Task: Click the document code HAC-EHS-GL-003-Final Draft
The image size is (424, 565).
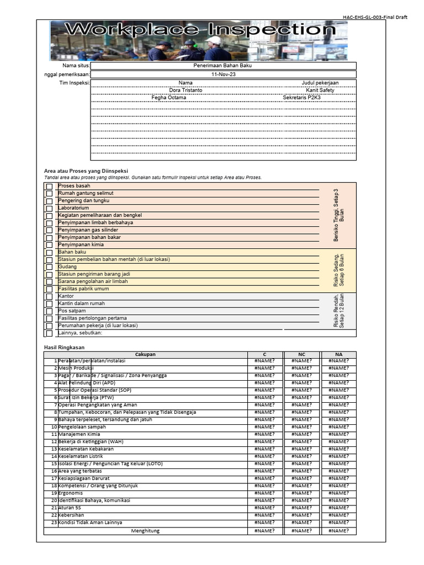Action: [x=375, y=17]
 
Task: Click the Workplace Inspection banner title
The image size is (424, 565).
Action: [x=200, y=30]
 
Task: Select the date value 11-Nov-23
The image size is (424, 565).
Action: [x=223, y=74]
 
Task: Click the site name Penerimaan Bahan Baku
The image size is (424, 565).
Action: [x=223, y=65]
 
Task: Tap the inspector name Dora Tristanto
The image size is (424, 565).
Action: [x=185, y=90]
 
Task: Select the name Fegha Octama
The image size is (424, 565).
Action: [x=169, y=98]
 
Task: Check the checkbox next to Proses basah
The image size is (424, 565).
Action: [x=49, y=186]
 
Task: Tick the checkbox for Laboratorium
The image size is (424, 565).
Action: [x=49, y=209]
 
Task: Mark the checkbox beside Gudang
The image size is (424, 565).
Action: [x=49, y=267]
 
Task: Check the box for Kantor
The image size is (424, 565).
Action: [x=49, y=296]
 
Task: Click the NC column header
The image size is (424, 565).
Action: [x=301, y=354]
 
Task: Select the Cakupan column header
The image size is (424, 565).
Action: [x=145, y=354]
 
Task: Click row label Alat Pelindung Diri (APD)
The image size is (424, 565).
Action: [x=87, y=383]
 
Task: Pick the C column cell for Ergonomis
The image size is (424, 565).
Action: [x=264, y=493]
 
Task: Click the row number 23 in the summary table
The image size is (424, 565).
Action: [x=54, y=522]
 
